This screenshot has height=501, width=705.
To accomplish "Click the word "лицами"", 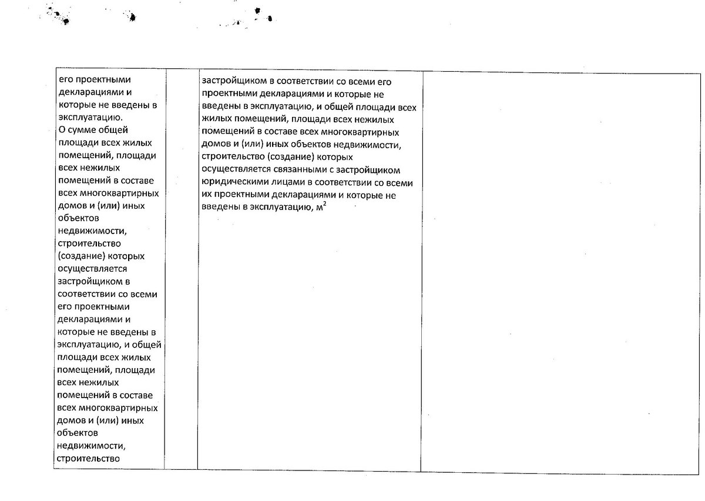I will pos(282,182).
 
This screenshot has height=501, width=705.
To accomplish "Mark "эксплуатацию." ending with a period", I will pos(87,117).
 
